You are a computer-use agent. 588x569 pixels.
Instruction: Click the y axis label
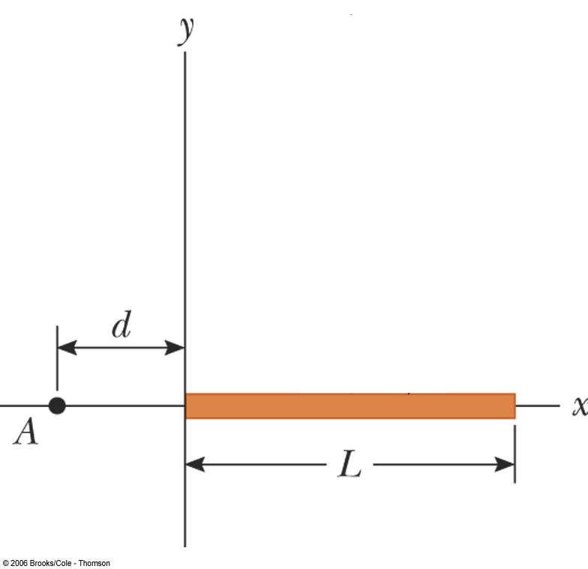(186, 29)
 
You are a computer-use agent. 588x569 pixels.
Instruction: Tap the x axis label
(579, 406)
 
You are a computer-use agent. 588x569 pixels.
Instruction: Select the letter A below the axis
(25, 433)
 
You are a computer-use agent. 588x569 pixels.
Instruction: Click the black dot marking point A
(57, 406)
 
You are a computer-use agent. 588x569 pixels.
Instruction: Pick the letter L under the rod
(349, 466)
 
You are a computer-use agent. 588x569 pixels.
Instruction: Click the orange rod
(349, 406)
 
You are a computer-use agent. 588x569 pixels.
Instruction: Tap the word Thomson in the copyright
(94, 563)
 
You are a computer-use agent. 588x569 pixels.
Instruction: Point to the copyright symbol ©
(5, 563)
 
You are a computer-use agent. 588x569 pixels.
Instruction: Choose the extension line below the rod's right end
(514, 454)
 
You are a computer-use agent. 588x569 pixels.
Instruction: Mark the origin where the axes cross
(185, 406)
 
